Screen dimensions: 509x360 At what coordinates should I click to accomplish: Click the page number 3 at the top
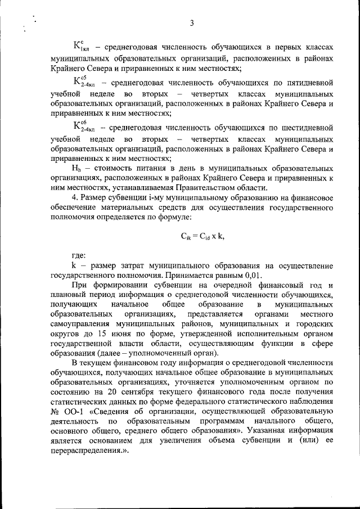[x=191, y=23]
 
